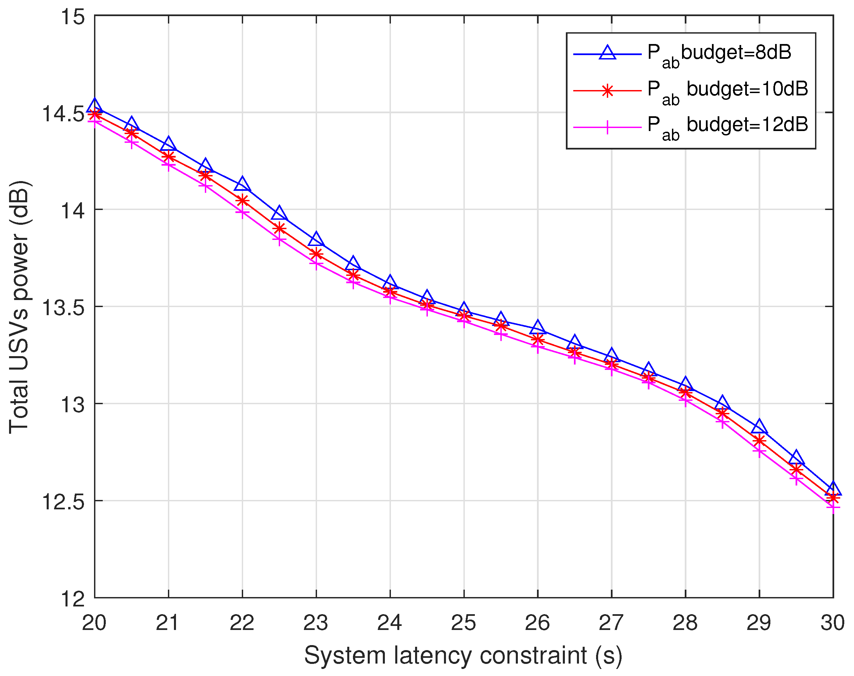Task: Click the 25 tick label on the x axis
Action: click(x=463, y=623)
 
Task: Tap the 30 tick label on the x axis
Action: click(x=832, y=623)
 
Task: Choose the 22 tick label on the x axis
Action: click(x=242, y=623)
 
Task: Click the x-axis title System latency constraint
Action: click(x=463, y=656)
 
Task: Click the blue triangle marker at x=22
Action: click(x=242, y=184)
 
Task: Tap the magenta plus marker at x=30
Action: click(x=833, y=507)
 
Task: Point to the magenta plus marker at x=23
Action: click(x=316, y=263)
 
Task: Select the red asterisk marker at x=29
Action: click(x=759, y=440)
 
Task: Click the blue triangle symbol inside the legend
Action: click(x=607, y=53)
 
